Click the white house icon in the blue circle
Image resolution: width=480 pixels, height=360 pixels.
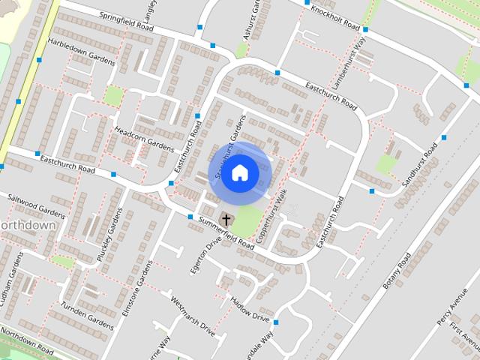click(239, 172)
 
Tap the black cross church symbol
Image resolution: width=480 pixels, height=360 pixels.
click(226, 220)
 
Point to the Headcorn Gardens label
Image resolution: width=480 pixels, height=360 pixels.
click(143, 136)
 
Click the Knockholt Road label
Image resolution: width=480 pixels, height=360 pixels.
click(335, 15)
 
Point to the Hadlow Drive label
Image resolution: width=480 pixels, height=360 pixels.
click(250, 308)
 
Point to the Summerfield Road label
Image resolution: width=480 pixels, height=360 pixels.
click(226, 232)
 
